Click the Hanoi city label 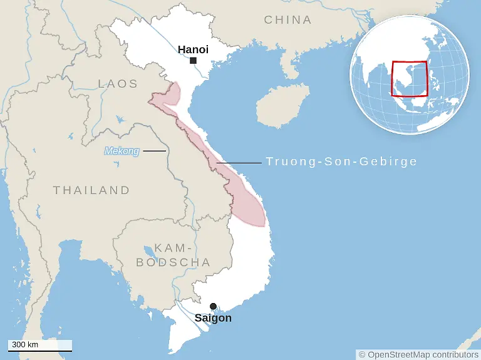(193, 49)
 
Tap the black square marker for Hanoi (194, 61)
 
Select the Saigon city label (213, 318)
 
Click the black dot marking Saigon (213, 306)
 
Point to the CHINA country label (287, 20)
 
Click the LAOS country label (118, 83)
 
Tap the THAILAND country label (91, 190)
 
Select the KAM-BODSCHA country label (173, 255)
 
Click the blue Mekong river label (122, 151)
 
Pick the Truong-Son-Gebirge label (341, 162)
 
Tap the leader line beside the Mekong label (154, 151)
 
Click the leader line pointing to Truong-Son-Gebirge (239, 163)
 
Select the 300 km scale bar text (25, 344)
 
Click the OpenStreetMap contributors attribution (418, 354)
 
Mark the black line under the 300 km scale (40, 350)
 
